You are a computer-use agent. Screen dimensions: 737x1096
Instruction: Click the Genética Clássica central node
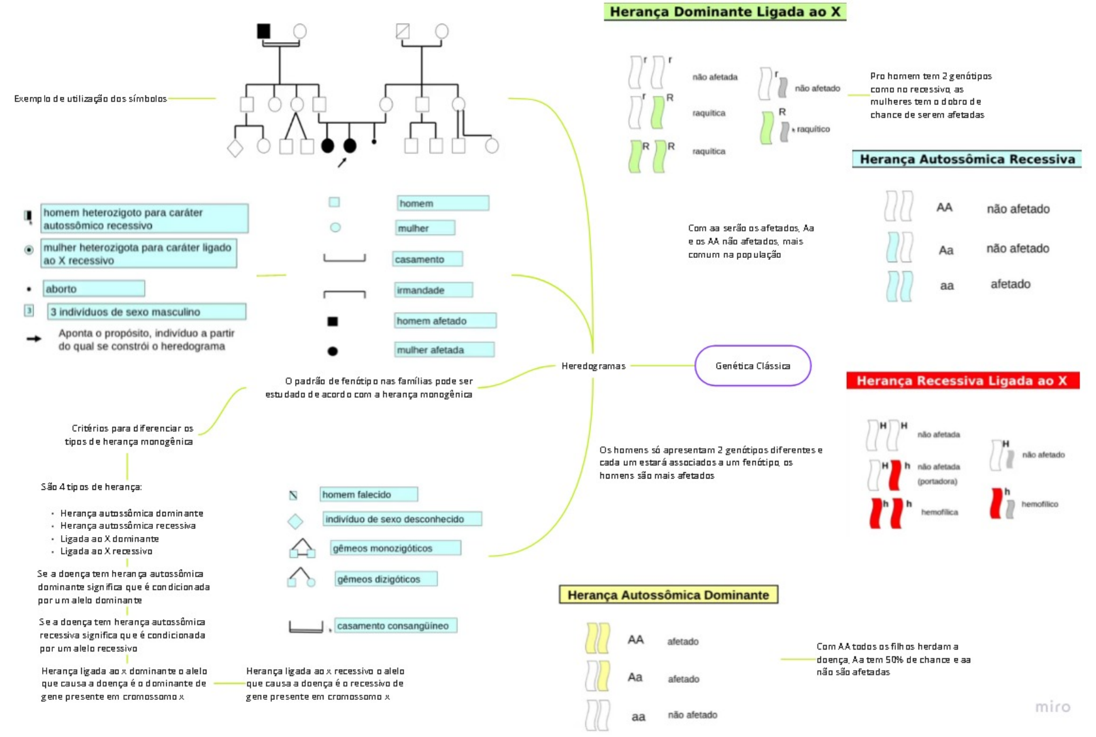[752, 365]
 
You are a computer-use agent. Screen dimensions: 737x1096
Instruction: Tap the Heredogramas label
[593, 366]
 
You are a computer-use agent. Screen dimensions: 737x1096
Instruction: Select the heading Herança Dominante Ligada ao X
[725, 12]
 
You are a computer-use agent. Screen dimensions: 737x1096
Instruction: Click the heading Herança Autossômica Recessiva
[966, 159]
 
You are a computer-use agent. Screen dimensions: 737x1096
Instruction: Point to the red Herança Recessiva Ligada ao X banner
[962, 380]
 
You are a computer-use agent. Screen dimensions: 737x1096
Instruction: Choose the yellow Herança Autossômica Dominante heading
[668, 595]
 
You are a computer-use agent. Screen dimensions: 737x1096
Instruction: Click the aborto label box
[93, 289]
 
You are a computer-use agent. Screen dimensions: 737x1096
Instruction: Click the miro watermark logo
[1053, 707]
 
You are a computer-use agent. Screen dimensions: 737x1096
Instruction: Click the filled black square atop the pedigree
[264, 31]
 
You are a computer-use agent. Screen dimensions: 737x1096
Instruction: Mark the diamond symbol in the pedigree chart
[235, 148]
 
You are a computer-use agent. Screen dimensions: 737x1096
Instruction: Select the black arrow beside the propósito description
[34, 339]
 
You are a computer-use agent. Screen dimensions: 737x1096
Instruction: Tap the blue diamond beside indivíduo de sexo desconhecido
[295, 521]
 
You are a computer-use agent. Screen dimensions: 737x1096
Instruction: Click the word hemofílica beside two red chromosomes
[939, 512]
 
